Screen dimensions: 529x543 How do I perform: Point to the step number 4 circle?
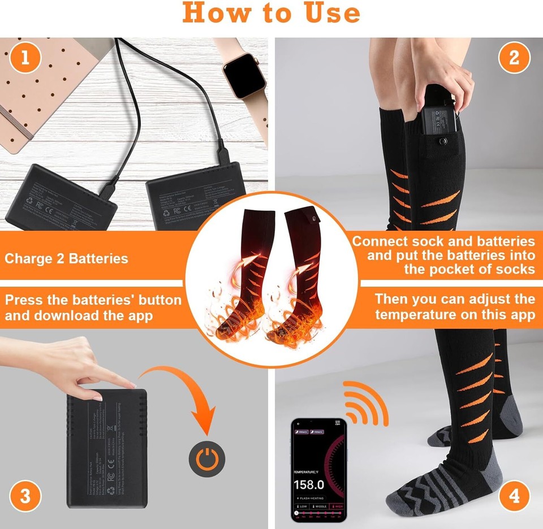pos(514,497)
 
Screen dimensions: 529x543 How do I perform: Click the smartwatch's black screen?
pos(244,77)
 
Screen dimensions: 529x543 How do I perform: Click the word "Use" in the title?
pos(319,12)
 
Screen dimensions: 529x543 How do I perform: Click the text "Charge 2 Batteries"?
pos(67,259)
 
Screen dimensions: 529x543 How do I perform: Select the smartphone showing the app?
pos(318,470)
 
